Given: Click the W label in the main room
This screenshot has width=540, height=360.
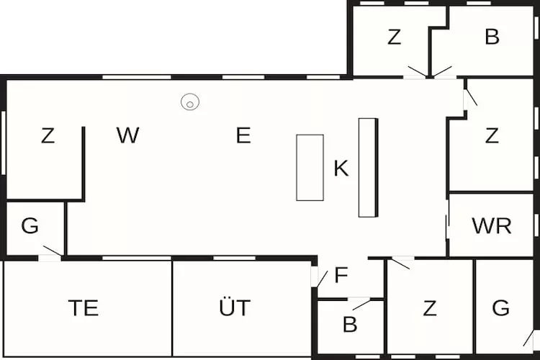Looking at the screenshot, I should coord(127,135).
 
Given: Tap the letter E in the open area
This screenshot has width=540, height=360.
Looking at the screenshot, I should coord(243,135).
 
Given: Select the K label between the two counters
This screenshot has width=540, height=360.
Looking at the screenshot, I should coord(341,169).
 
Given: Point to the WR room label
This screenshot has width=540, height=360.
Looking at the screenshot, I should coord(492,226).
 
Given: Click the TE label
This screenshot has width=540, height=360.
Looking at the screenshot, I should coord(84,308).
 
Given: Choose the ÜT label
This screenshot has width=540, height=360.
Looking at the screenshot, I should coord(235,308).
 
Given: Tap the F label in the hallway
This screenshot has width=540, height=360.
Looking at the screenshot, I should coord(341,275).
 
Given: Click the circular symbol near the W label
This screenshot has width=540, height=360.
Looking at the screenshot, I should coord(190,102).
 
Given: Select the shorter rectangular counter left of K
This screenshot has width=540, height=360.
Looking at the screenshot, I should coord(310,167).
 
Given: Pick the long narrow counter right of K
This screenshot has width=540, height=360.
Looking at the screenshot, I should coord(368,167).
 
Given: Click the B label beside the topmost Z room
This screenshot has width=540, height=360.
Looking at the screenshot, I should coord(492,37).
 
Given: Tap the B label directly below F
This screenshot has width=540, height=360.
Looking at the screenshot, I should coord(350,325).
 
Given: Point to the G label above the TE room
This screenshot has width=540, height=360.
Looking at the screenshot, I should coord(30,226).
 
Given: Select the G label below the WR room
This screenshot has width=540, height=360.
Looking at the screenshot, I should coord(500,308).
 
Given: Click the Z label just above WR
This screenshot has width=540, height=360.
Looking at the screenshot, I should coord(492,135).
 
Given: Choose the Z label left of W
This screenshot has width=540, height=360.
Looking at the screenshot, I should coord(48,135).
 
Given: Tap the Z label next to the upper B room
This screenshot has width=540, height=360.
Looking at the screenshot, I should coord(394,37).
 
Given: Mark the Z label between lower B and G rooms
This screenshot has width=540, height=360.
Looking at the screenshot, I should coord(430,308).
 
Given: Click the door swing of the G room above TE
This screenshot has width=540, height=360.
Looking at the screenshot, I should coord(51,251).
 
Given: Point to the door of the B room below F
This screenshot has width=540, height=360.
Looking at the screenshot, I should coord(361,303).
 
